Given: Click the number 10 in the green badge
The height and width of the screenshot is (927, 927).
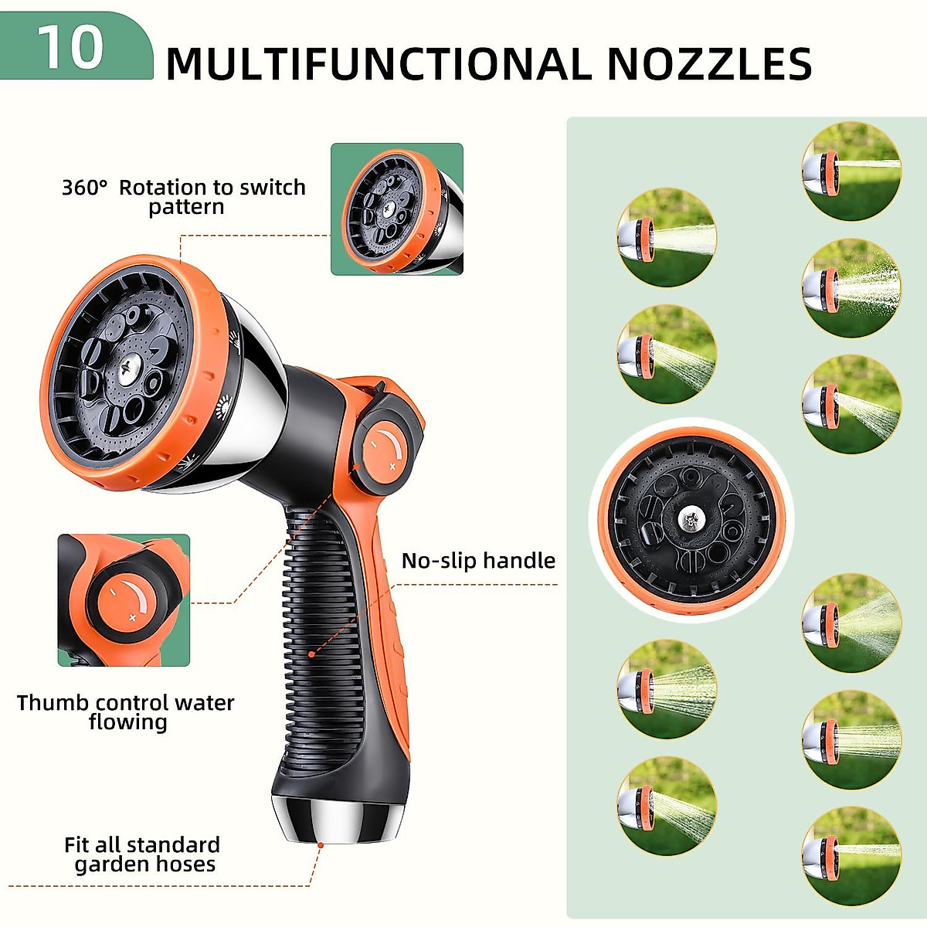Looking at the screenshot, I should coord(70,47).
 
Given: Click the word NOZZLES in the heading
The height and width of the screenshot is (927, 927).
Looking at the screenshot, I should coord(708,64).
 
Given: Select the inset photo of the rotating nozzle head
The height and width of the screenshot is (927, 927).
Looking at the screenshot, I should coord(397,209).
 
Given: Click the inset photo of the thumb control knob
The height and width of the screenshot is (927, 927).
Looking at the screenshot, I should coord(124,600).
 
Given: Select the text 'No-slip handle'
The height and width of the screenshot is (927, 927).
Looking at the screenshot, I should coord(478,561).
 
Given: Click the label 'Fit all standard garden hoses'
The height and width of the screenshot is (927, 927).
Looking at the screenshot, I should coord(143,854).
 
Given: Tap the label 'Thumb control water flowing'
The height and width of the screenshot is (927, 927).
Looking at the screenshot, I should coord(126,712).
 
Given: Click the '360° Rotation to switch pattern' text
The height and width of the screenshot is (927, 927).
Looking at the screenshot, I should coord(184,197).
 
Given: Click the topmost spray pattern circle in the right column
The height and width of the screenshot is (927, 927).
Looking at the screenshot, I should coord(851,171).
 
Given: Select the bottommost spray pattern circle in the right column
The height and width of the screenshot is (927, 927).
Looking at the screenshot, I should coord(851,855).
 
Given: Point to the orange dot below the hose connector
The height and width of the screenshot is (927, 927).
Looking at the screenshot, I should coord(320,846).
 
